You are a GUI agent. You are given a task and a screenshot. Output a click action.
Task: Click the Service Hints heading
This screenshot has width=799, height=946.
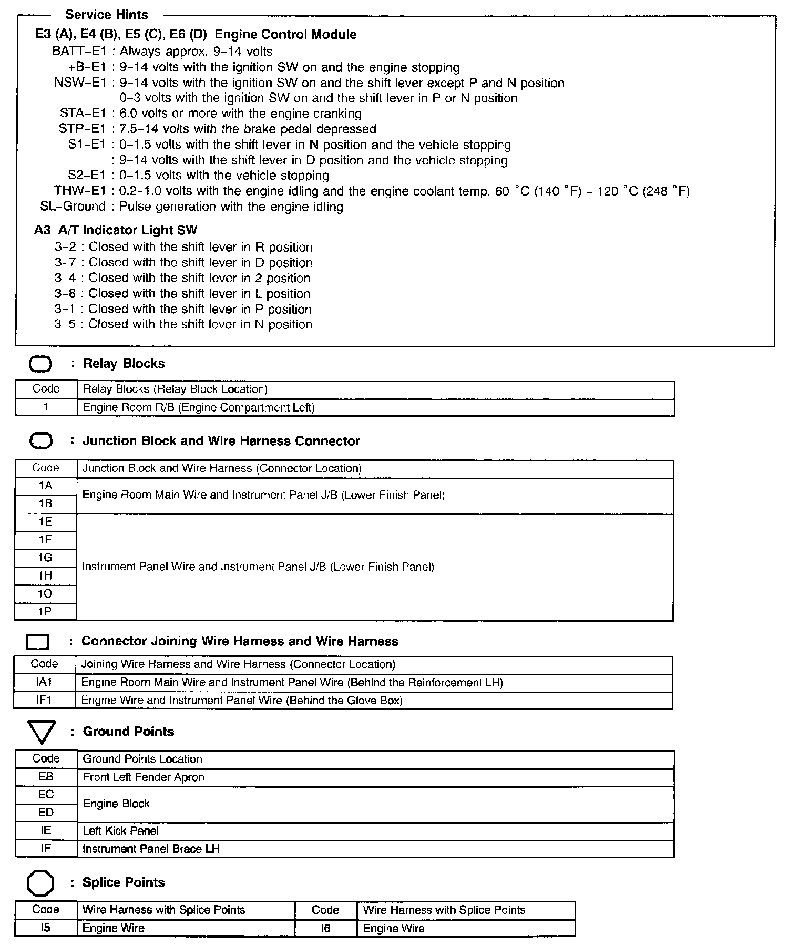(x=107, y=15)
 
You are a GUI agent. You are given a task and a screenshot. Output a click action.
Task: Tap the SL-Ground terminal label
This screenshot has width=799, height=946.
(x=73, y=207)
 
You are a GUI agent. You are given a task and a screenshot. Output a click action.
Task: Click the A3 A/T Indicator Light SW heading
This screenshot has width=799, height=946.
(x=116, y=230)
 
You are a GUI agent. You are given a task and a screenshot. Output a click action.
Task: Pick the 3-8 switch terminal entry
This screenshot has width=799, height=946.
(x=65, y=294)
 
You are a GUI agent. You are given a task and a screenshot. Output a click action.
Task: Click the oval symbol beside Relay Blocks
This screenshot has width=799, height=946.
(x=40, y=364)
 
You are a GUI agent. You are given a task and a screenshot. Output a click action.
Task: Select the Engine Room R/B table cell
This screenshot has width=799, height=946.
(x=199, y=407)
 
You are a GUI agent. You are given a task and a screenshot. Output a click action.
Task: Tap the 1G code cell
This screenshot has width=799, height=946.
(x=46, y=558)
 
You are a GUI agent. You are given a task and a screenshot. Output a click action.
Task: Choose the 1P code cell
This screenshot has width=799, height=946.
(x=46, y=612)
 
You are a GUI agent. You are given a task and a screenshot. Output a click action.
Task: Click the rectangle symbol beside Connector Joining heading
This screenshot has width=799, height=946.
(x=37, y=642)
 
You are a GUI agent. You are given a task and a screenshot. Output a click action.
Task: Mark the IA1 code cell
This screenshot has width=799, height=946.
(x=45, y=682)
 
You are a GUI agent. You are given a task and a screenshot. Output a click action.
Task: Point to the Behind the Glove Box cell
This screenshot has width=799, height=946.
(x=242, y=700)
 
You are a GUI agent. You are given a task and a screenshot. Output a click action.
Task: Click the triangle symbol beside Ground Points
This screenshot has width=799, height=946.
(x=41, y=732)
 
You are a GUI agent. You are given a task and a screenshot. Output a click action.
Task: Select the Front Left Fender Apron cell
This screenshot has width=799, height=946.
(x=144, y=777)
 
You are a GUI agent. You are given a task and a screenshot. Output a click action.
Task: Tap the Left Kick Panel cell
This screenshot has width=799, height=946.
(x=121, y=831)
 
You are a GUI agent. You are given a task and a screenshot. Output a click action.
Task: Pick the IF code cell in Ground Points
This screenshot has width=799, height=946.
(x=46, y=848)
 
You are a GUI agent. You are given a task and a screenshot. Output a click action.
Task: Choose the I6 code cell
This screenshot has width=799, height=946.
(x=326, y=928)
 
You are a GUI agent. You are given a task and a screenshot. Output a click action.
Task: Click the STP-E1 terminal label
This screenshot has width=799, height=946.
(x=83, y=129)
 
